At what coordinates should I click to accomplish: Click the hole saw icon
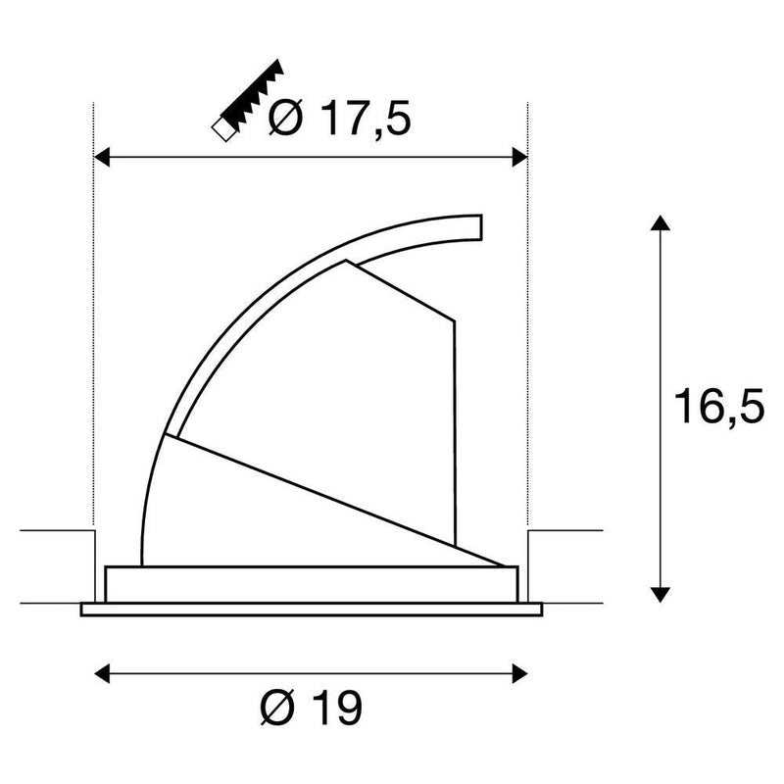click(x=248, y=100)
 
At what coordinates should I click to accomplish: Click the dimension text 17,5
click(x=367, y=119)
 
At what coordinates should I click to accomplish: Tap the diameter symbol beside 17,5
click(x=286, y=118)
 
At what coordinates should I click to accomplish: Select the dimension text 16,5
click(x=719, y=406)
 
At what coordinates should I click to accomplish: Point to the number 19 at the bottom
click(x=339, y=708)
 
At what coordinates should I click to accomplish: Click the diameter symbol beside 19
click(x=278, y=708)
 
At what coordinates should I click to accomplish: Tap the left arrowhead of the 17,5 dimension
click(x=102, y=157)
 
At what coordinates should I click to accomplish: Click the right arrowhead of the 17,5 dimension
click(x=520, y=157)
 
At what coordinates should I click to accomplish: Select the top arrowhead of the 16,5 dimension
click(x=660, y=223)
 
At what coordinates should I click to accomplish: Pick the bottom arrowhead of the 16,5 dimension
click(x=660, y=595)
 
